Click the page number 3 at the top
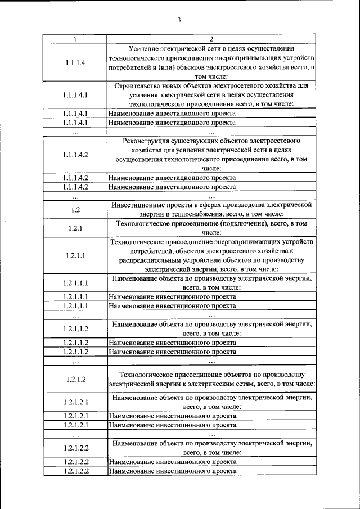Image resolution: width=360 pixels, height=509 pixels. pos(179,21)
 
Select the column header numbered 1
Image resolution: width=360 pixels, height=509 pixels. pos(75,39)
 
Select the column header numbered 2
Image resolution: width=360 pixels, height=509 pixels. pos(211,39)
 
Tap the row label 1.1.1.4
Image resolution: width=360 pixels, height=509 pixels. pos(75,62)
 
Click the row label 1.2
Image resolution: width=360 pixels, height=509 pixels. pos(75,210)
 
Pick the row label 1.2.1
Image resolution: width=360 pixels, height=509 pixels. pos(75,228)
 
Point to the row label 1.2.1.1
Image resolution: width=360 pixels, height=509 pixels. pos(75,255)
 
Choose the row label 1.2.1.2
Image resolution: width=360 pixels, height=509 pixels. pos(75,379)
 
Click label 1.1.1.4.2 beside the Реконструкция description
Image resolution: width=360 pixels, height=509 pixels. pos(75,153)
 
